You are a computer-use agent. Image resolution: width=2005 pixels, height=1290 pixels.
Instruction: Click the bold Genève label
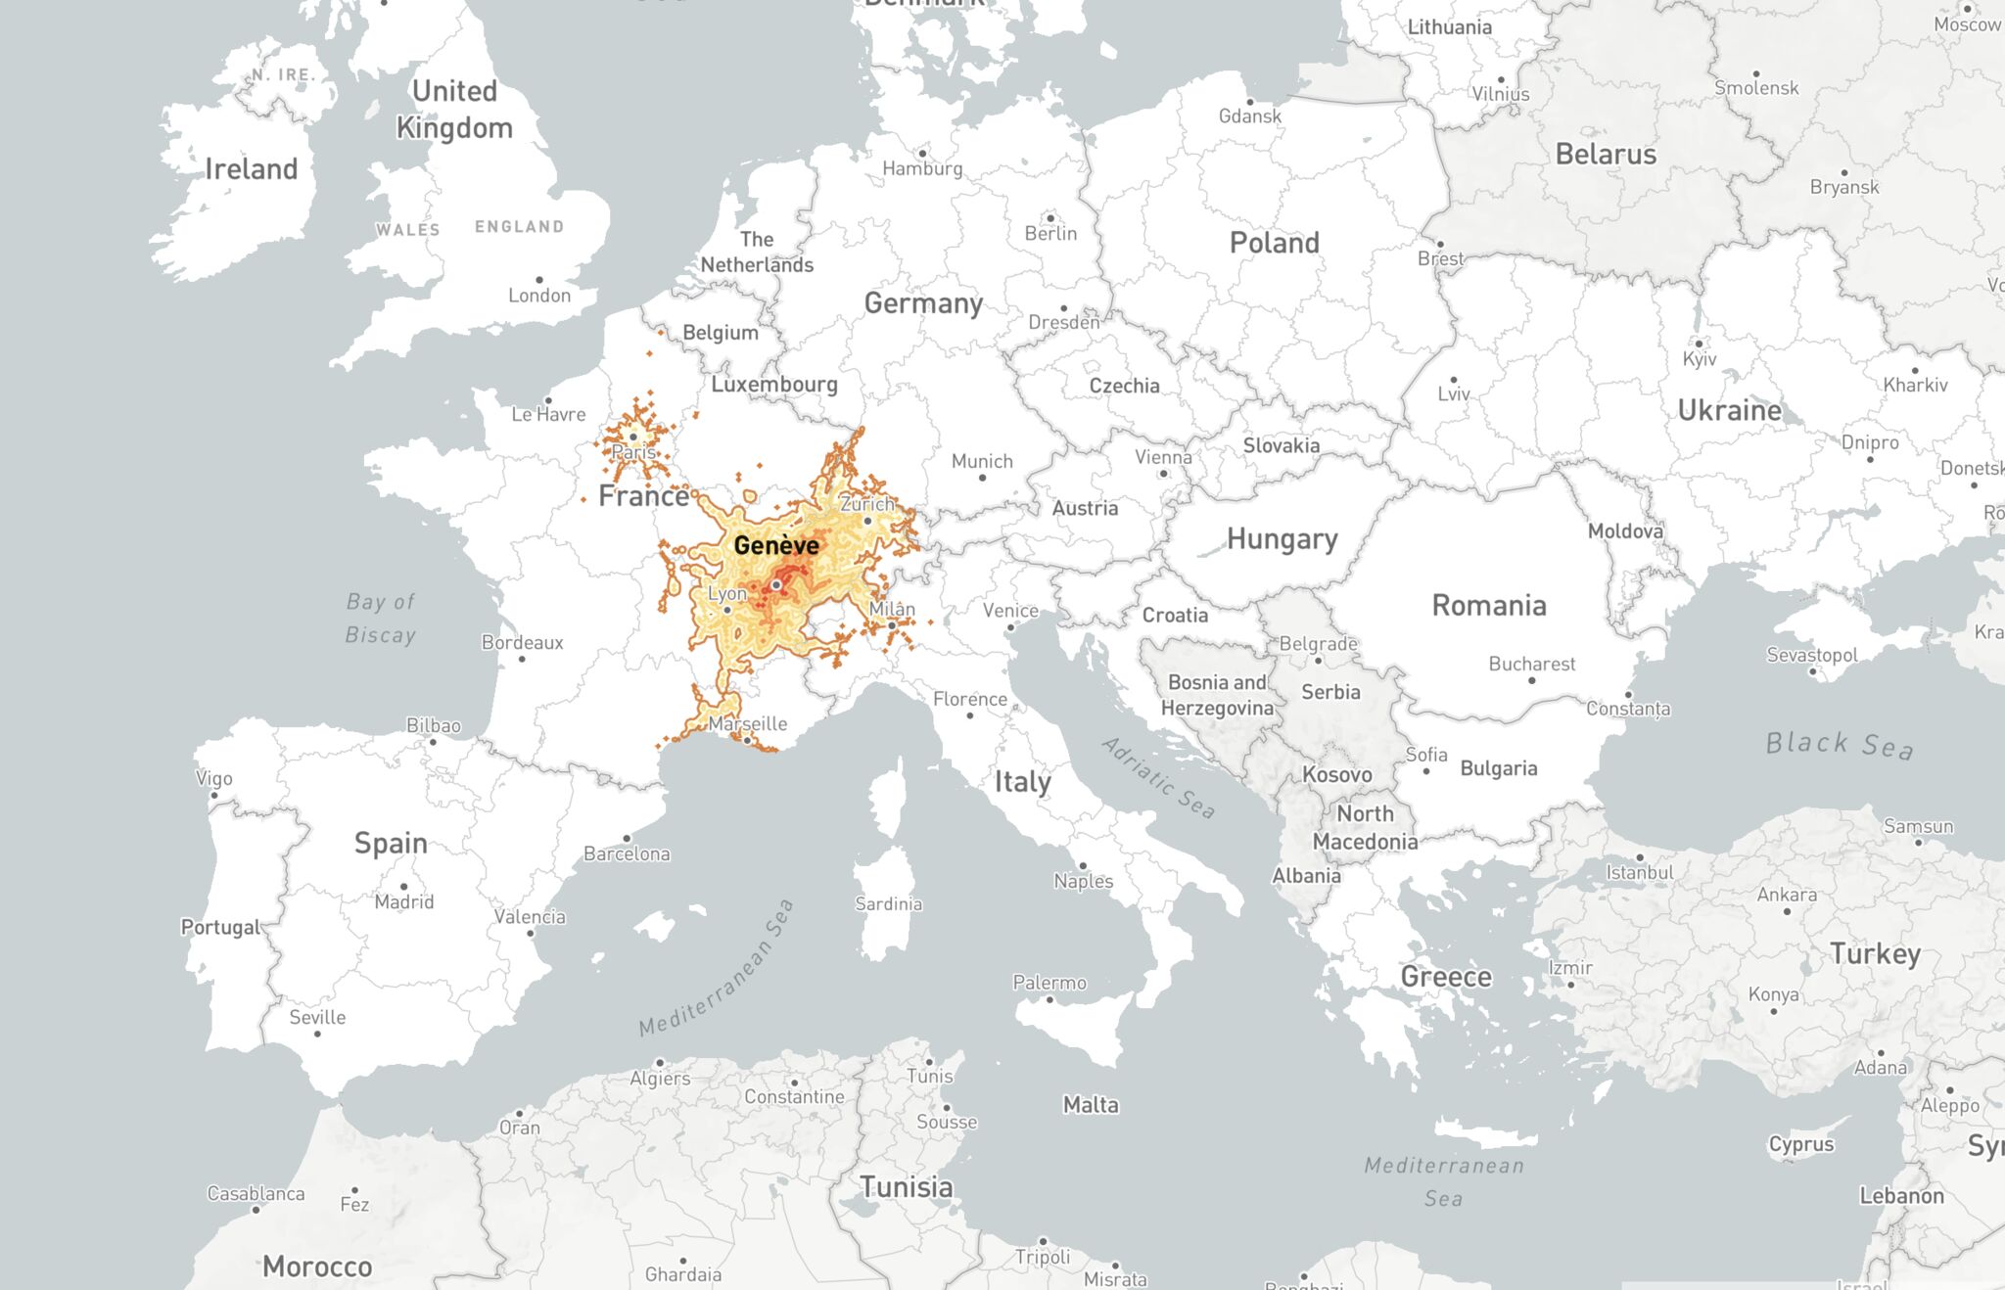click(776, 545)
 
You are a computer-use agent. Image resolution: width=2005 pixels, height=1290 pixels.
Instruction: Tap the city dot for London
click(539, 280)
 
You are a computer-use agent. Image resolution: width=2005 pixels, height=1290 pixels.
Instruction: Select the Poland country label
click(1274, 243)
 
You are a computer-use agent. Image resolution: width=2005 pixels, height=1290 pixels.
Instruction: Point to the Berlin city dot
click(1050, 218)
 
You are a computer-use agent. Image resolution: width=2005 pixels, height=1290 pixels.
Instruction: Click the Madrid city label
click(403, 901)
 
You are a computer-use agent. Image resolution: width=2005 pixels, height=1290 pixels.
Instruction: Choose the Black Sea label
click(1839, 745)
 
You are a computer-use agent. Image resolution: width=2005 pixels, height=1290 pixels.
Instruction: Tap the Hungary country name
click(1282, 539)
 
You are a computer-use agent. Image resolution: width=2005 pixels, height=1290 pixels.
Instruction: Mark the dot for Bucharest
click(1532, 681)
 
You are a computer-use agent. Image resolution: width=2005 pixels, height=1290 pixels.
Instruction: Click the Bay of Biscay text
click(381, 619)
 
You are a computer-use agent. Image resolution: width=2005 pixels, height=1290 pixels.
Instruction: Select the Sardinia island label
click(888, 903)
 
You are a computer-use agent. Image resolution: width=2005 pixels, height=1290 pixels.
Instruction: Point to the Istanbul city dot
click(1640, 857)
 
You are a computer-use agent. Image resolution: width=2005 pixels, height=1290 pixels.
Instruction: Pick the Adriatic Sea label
click(1158, 778)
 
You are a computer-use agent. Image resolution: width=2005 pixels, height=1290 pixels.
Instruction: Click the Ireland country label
click(251, 169)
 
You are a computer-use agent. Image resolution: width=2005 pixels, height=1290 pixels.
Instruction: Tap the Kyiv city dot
click(1699, 344)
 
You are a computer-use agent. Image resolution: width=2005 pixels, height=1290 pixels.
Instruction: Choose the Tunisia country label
click(906, 1187)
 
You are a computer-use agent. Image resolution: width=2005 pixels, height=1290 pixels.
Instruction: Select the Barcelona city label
click(627, 853)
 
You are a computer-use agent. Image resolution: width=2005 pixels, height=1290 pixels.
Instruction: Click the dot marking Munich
click(982, 478)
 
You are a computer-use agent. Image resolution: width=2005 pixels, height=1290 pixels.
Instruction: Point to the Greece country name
click(1446, 977)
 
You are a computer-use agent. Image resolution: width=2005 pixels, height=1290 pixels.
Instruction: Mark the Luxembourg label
click(773, 384)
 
